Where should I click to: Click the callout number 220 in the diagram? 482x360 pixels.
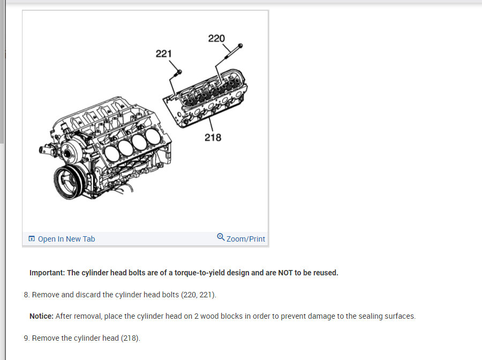point(216,39)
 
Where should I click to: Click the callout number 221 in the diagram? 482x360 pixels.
point(164,54)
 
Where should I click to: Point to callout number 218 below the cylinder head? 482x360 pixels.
point(213,138)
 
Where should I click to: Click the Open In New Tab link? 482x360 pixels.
point(66,239)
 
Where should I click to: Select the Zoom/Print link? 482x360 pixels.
point(246,239)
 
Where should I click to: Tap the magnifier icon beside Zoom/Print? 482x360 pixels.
point(221,237)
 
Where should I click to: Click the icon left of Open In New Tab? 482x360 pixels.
point(32,239)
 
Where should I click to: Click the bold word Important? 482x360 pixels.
point(47,273)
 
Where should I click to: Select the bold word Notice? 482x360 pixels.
point(41,316)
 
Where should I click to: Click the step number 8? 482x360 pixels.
point(26,295)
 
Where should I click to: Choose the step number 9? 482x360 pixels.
point(26,338)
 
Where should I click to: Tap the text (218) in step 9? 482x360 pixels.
point(130,338)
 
